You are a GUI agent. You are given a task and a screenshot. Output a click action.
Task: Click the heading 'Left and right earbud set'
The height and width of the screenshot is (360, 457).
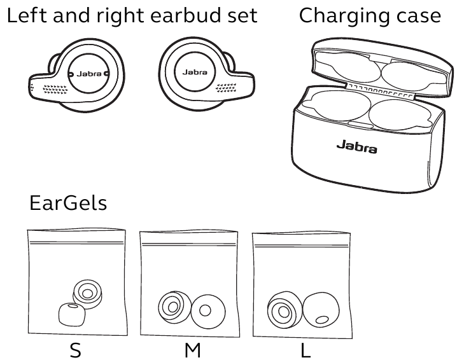[x=132, y=16]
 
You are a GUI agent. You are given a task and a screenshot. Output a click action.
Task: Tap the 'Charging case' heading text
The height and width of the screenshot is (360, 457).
[x=370, y=16]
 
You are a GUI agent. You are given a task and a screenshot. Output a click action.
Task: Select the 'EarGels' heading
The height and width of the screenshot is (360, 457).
[x=68, y=204]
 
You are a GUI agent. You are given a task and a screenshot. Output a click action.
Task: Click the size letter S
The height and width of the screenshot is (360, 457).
[x=76, y=350]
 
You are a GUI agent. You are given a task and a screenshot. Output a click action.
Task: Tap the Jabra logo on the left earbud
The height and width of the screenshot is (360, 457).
[x=88, y=74]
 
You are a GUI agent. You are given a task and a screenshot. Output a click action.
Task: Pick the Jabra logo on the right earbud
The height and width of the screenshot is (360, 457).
[x=194, y=73]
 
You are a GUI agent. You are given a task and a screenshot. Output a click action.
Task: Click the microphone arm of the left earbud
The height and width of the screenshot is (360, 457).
[x=48, y=89]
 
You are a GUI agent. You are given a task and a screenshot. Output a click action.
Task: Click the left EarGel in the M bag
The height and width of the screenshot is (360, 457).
[x=171, y=307]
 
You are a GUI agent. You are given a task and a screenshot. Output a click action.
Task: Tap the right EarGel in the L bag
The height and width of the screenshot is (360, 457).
[x=320, y=310]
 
